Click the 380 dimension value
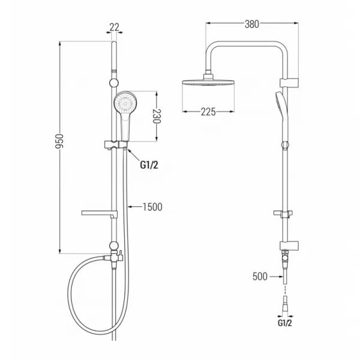(251, 24)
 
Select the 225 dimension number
(208, 112)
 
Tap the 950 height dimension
(59, 141)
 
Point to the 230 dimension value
(157, 116)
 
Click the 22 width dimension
(114, 28)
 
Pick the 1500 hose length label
(152, 207)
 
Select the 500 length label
(260, 277)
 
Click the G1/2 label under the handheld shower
(149, 165)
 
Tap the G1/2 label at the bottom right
(284, 323)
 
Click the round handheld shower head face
(125, 102)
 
